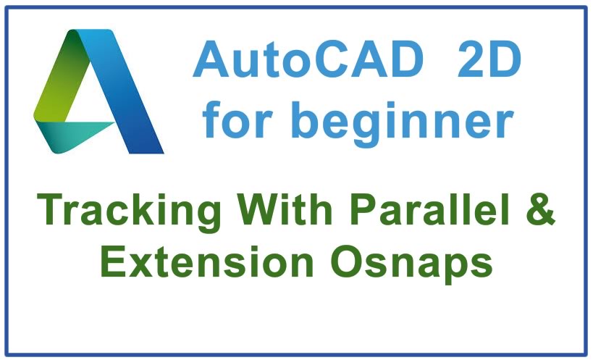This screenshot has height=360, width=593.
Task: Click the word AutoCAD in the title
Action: (308, 59)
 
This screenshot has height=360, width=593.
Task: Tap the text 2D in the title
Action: (489, 59)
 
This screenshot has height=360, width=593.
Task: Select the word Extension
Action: (207, 261)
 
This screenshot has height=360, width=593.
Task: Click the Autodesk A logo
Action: (98, 91)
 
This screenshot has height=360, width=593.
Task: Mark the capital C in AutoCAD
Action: (337, 59)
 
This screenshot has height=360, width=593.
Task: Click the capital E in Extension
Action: (114, 261)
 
